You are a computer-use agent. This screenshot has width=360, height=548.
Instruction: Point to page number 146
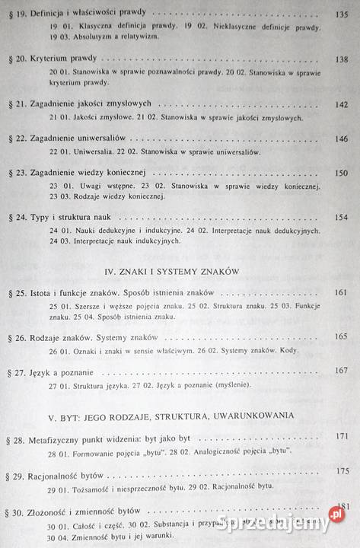tap(339, 139)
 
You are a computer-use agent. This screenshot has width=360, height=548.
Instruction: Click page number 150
tap(339, 173)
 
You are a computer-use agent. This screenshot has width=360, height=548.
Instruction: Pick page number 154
tap(339, 217)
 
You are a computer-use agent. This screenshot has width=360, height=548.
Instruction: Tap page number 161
tap(340, 292)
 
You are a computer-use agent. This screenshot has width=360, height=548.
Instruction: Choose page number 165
tap(340, 336)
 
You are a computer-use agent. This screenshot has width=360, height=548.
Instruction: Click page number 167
tap(340, 371)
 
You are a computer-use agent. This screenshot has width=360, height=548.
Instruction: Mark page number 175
tap(340, 471)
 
